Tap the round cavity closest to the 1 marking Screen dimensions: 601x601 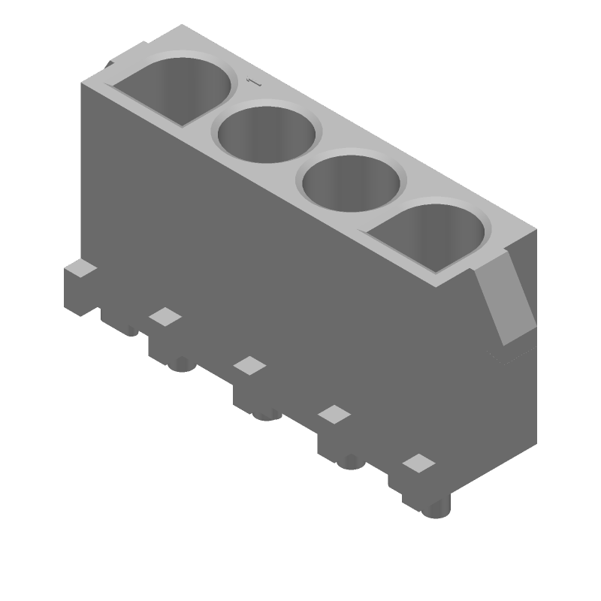coord(266,133)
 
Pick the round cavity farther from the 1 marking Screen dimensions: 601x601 coord(350,180)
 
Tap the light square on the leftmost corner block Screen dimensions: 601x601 coord(80,267)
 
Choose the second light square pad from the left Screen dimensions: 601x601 coord(165,316)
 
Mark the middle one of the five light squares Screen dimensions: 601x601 coord(249,365)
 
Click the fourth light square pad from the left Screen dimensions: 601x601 coord(334,414)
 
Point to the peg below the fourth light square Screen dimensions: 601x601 coord(349,461)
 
